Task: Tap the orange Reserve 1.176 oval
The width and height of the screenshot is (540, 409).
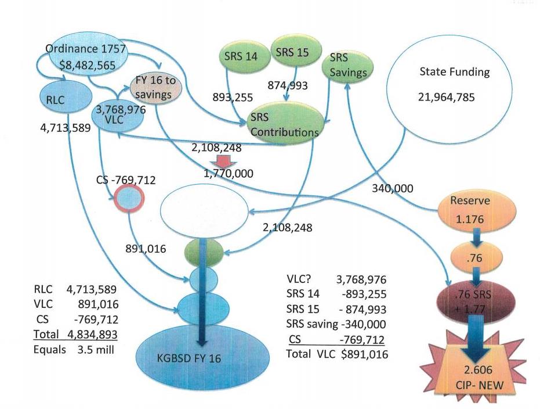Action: click(474, 213)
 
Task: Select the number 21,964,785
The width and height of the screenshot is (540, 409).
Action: click(445, 97)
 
